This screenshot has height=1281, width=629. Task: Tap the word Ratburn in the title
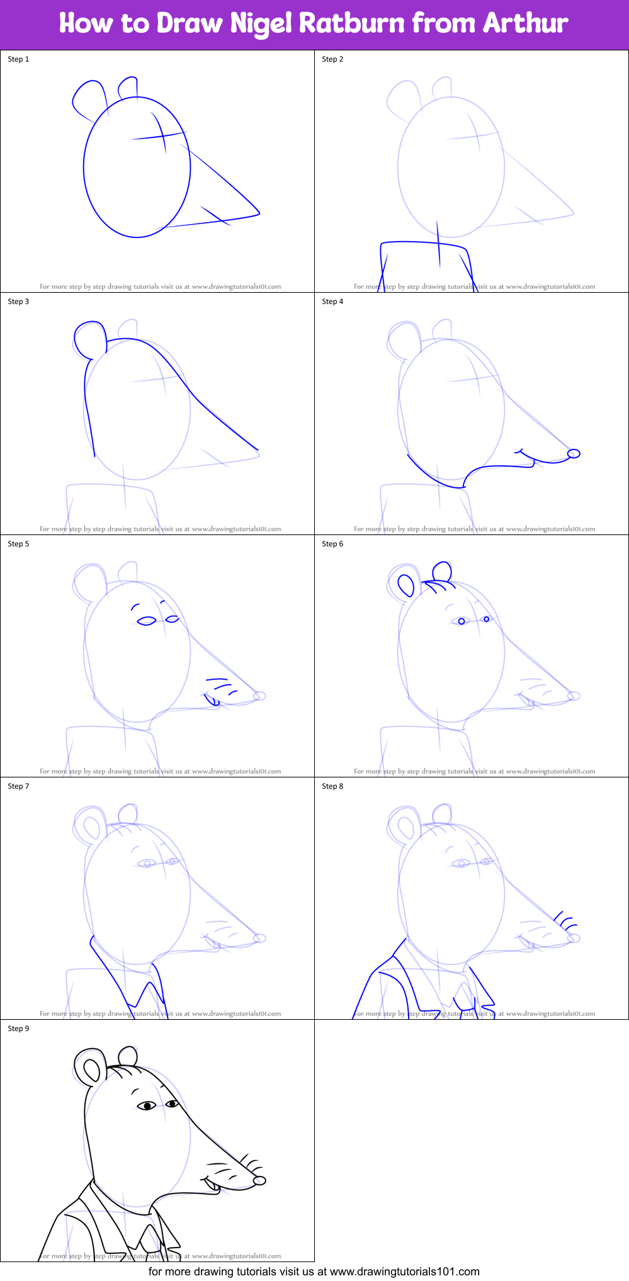(351, 24)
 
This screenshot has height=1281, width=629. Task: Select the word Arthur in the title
(525, 24)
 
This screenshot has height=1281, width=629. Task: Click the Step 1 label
(18, 59)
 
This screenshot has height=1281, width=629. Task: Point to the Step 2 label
(332, 59)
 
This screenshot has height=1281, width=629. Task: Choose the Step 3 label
(18, 302)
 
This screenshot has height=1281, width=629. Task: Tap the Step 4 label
(332, 302)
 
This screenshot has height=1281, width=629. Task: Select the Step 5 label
(18, 544)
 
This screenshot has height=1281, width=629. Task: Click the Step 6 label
(332, 544)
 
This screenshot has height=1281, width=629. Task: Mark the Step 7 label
(18, 786)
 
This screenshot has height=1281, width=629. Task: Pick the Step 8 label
(332, 786)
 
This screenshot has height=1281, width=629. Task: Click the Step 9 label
(18, 1029)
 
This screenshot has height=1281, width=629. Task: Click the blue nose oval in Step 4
(573, 453)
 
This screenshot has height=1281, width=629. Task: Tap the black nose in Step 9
(259, 1180)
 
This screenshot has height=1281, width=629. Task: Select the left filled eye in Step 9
(147, 1105)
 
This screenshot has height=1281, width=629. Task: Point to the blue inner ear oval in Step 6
(406, 585)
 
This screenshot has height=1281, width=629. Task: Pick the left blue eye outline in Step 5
(147, 621)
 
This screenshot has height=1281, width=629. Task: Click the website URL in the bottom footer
(405, 1271)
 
